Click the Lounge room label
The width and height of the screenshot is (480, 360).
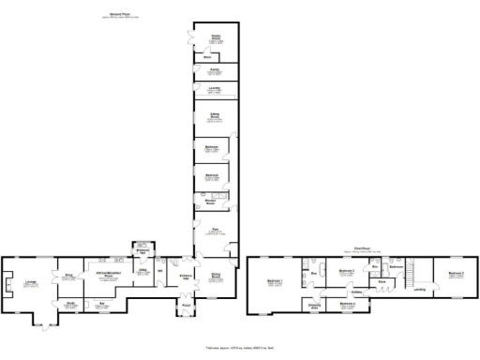[30, 281]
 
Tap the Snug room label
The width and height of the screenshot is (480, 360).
[68, 275]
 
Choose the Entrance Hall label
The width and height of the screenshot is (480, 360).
[185, 275]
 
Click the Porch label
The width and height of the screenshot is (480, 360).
[185, 307]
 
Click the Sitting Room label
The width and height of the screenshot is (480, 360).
[215, 117]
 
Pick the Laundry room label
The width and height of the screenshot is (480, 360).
[215, 88]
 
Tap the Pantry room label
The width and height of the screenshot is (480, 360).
[215, 69]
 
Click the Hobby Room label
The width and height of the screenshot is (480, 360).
[215, 40]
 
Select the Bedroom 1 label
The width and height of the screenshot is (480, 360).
[274, 281]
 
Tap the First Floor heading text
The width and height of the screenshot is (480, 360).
[359, 249]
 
